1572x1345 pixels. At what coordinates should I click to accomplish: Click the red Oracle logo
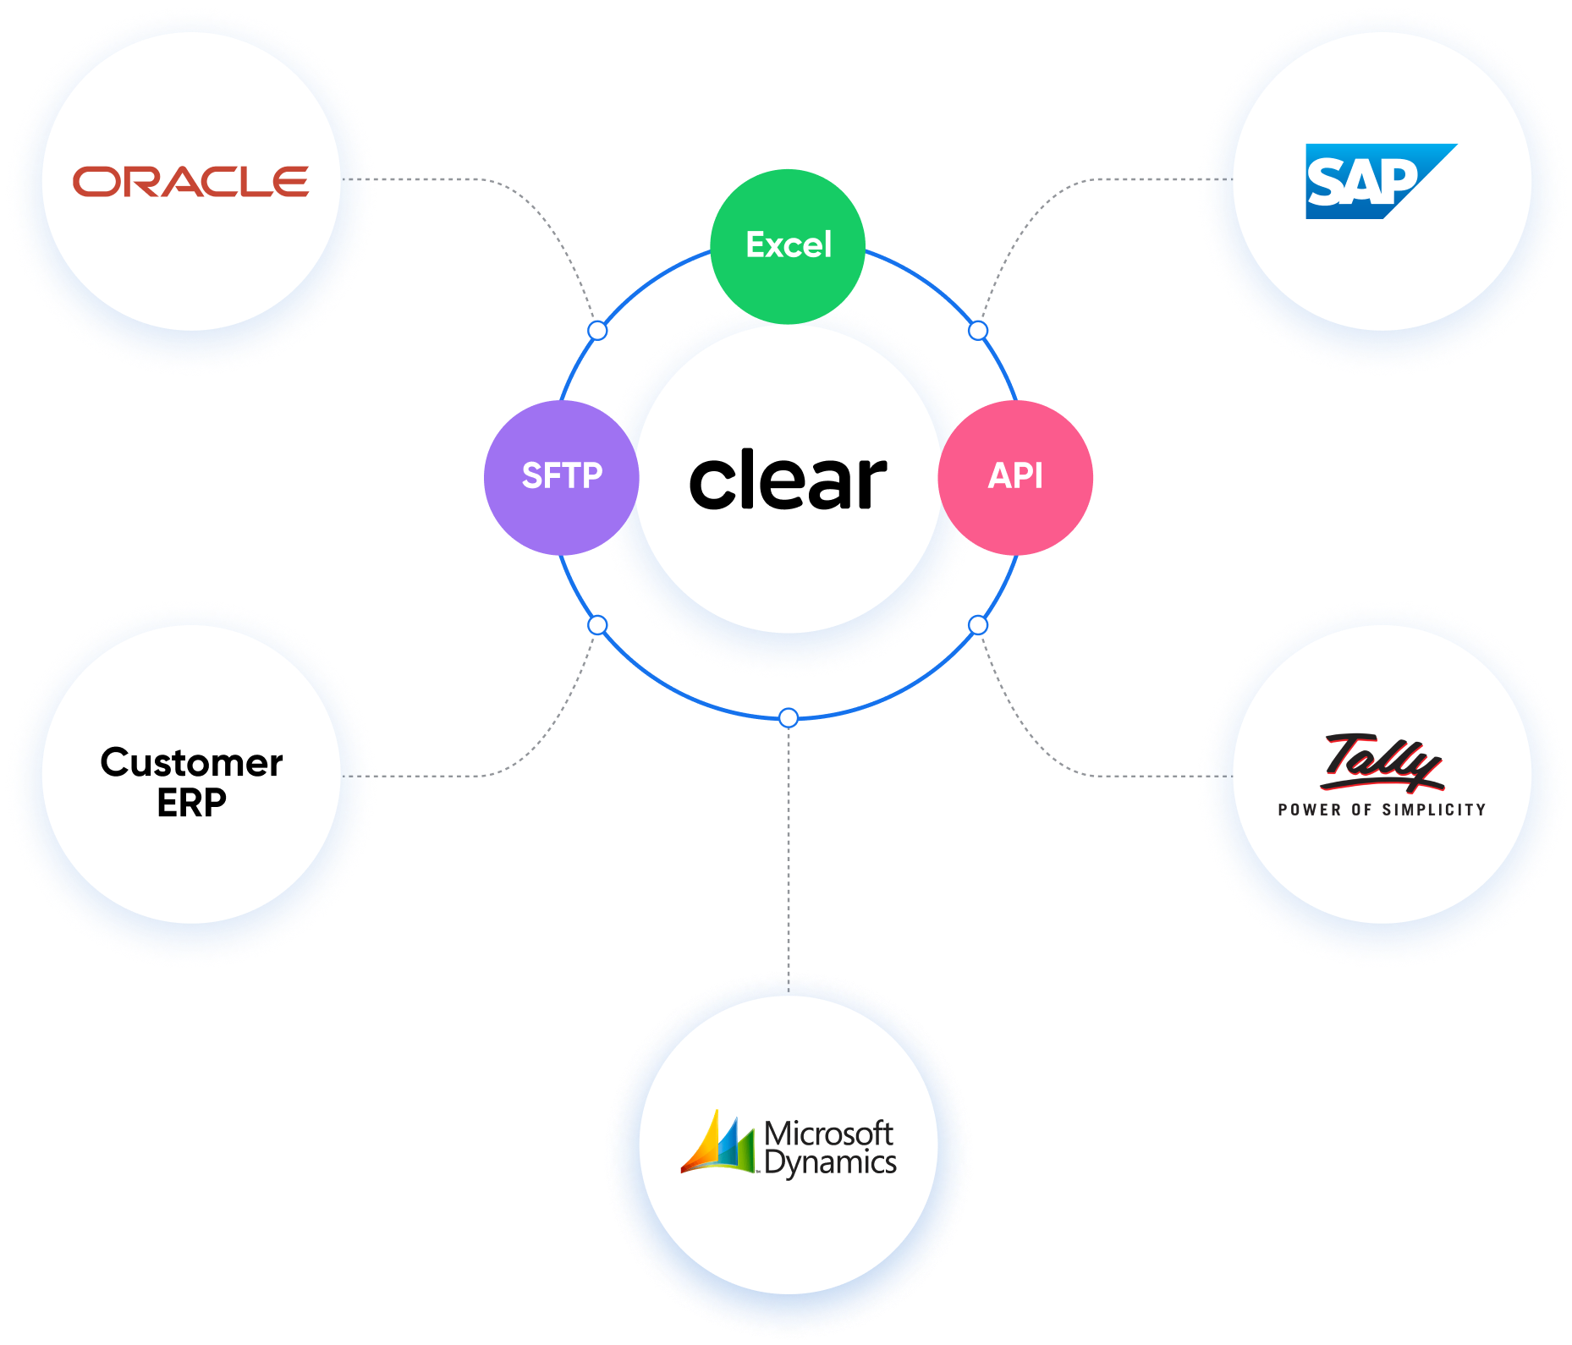(190, 182)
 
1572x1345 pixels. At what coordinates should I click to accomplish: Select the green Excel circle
(788, 246)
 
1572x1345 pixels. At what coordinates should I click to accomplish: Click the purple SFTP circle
(561, 477)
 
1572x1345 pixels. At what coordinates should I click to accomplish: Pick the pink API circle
(1015, 477)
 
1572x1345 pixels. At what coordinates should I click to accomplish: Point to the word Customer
(191, 763)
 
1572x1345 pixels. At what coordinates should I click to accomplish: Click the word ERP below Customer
(191, 803)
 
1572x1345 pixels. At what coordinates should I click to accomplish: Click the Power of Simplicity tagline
(1382, 810)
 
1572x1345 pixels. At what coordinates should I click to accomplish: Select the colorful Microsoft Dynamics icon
(718, 1143)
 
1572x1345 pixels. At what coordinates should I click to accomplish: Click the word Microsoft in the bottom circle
(828, 1133)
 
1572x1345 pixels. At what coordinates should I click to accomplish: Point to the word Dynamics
(830, 1163)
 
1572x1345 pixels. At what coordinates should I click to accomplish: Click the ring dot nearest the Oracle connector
(597, 331)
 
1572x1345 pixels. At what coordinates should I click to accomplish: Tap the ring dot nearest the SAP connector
(978, 331)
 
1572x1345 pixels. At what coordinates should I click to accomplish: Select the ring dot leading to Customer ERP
(597, 625)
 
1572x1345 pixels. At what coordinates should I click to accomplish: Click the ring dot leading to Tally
(978, 625)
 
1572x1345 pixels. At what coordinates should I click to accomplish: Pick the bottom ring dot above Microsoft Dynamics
(789, 718)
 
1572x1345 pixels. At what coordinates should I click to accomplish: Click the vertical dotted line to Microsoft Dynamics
(789, 846)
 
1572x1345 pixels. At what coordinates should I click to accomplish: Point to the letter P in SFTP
(591, 476)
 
